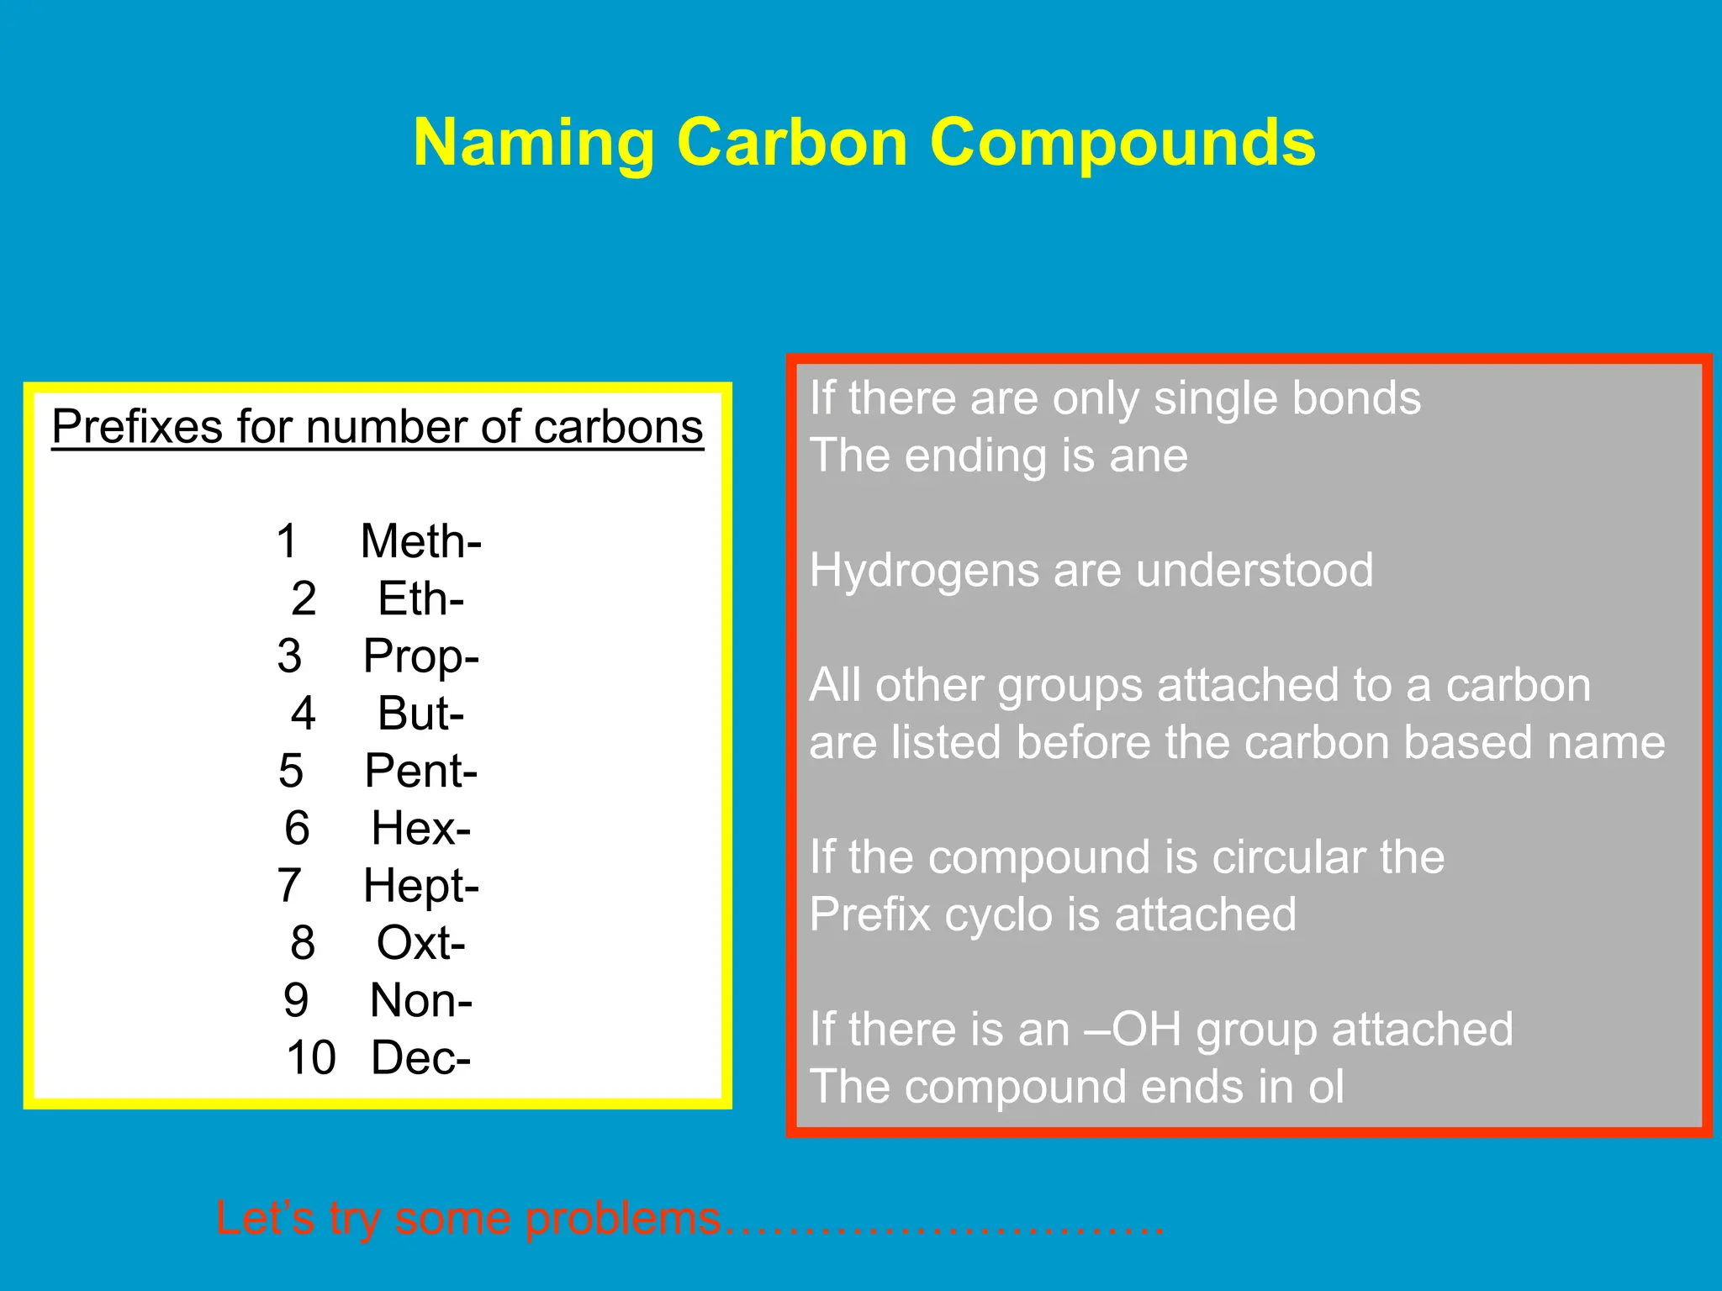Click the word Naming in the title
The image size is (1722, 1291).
533,143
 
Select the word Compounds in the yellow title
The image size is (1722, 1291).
1122,143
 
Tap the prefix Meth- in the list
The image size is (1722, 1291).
420,540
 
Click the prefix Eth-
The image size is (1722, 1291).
420,598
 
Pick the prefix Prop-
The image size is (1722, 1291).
420,656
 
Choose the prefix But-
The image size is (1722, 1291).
420,713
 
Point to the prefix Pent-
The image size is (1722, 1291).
420,770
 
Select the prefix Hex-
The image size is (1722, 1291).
420,828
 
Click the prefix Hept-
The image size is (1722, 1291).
420,885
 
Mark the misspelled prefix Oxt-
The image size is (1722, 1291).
420,942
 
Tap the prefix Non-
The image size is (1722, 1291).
420,1000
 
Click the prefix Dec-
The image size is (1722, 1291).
420,1057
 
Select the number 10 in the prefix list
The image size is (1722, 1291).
310,1057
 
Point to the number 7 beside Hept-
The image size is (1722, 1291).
289,885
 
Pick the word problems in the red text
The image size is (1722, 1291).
623,1218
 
